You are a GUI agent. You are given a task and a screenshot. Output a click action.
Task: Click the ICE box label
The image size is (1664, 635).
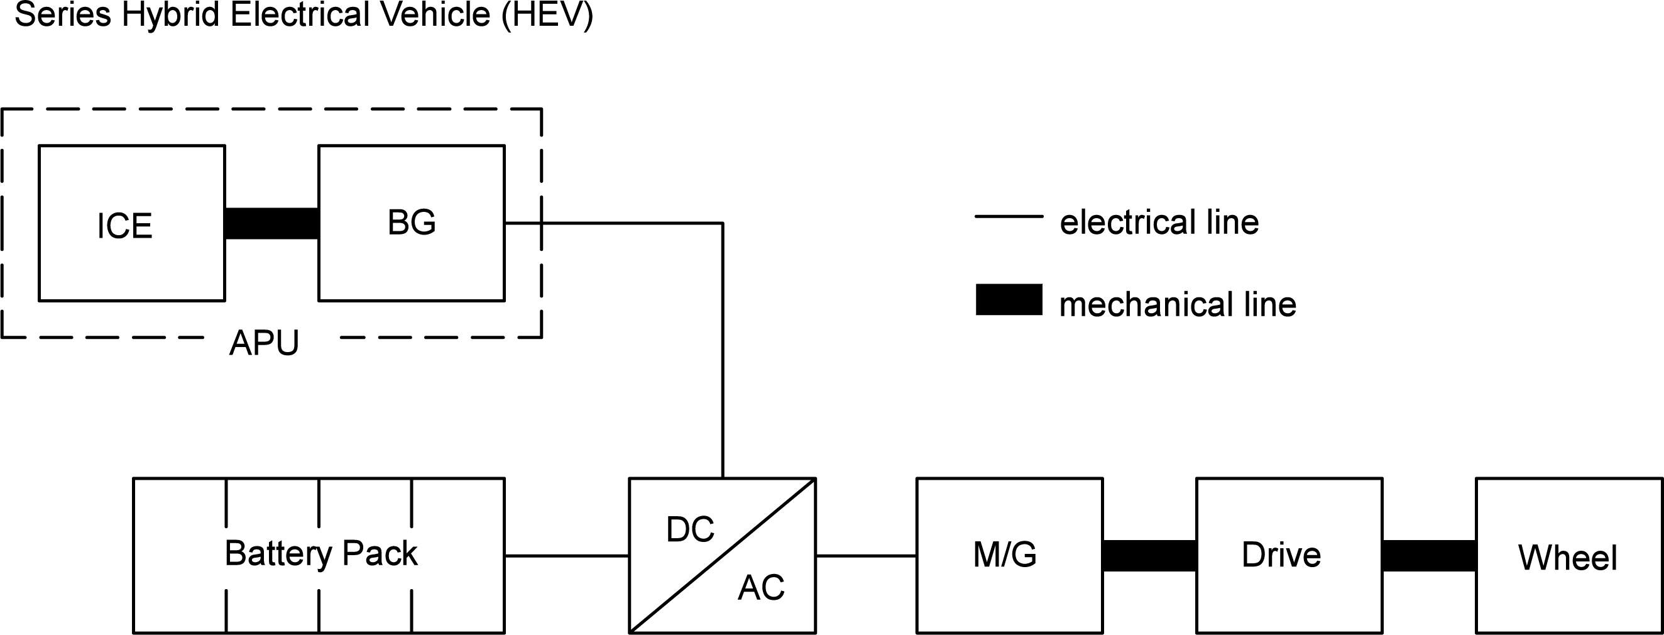coord(124,226)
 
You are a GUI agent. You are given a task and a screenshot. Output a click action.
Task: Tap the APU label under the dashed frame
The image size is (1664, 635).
coord(264,343)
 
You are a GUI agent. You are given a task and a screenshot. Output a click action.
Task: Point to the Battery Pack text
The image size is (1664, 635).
coord(321,554)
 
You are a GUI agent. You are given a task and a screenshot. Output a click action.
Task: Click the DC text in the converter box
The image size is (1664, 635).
coord(690,530)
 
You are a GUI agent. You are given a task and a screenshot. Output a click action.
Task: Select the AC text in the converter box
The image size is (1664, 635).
coord(761,588)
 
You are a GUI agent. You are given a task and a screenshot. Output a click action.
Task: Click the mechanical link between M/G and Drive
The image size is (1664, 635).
coord(1149,556)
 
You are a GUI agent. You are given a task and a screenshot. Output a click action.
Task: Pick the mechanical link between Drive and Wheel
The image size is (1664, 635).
coord(1429,556)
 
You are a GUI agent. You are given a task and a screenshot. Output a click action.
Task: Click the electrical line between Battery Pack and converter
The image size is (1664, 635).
coord(567,556)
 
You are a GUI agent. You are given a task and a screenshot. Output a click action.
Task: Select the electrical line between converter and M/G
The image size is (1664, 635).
coord(865,556)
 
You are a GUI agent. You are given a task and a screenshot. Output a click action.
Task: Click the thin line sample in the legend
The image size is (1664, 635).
coord(1009,216)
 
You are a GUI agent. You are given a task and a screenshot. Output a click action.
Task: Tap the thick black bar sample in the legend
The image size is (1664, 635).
coord(1009,300)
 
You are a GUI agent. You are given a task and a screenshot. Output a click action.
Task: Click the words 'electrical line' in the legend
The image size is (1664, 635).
coord(1159,222)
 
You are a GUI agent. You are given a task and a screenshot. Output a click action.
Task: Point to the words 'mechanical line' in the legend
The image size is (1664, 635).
coord(1177,304)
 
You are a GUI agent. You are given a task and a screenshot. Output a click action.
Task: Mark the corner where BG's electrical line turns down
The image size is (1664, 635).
coord(722,224)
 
